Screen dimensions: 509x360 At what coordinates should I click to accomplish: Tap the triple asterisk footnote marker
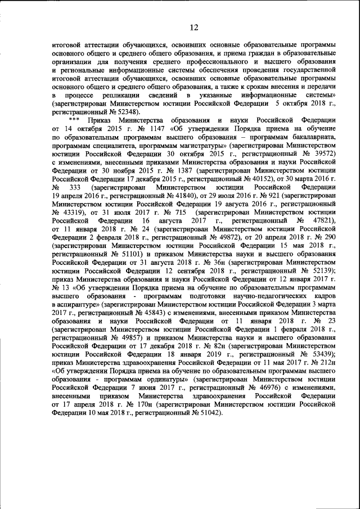pyautogui.click(x=73, y=120)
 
